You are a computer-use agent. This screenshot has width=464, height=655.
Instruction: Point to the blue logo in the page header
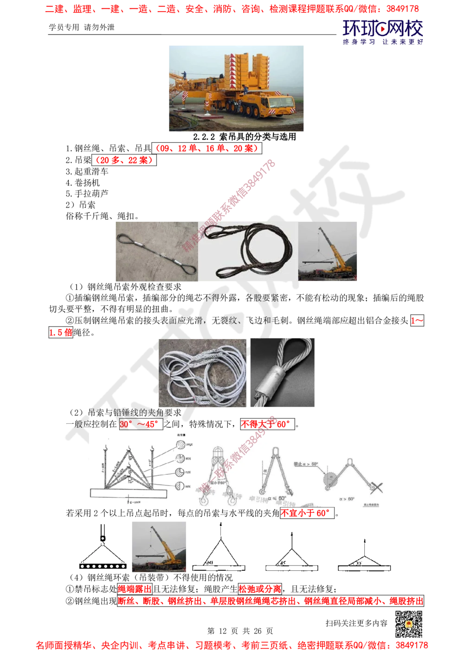[x=383, y=32]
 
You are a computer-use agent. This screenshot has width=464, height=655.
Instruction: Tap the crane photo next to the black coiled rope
[x=329, y=250]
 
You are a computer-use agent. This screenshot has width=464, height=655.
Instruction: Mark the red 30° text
[x=125, y=424]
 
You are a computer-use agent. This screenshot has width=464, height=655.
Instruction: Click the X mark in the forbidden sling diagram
[x=377, y=487]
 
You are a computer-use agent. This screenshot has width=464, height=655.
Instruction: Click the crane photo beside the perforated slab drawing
[x=160, y=547]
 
